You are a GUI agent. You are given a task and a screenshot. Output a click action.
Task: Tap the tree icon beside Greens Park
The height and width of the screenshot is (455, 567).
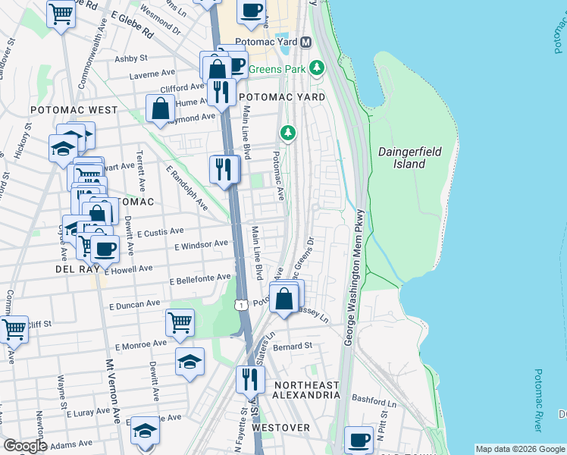pyautogui.click(x=316, y=68)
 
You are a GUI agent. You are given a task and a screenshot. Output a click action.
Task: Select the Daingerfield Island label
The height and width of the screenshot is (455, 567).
pyautogui.click(x=409, y=158)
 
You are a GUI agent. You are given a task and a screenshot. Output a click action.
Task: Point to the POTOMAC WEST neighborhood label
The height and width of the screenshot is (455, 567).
pyautogui.click(x=74, y=110)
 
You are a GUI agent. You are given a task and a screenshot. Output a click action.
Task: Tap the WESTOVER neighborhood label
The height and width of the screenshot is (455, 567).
pyautogui.click(x=280, y=428)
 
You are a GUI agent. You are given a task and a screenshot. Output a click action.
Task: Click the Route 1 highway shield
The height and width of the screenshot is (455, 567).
pyautogui.click(x=241, y=304)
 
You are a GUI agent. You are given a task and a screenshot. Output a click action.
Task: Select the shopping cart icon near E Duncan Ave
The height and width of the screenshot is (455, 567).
pyautogui.click(x=180, y=322)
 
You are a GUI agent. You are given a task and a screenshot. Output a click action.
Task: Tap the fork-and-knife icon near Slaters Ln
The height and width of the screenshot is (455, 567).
pyautogui.click(x=250, y=378)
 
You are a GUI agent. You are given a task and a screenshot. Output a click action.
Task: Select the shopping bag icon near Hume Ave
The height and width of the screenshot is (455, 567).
pyautogui.click(x=161, y=108)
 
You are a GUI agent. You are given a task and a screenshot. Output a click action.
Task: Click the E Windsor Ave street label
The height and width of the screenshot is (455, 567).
pyautogui.click(x=201, y=245)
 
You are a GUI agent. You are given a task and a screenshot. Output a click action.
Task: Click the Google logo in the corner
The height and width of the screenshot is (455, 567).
pyautogui.click(x=24, y=446)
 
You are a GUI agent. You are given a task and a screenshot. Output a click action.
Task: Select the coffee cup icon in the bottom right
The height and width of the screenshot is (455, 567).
pyautogui.click(x=359, y=440)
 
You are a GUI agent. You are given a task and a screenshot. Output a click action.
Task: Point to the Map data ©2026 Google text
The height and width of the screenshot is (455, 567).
pyautogui.click(x=520, y=449)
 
